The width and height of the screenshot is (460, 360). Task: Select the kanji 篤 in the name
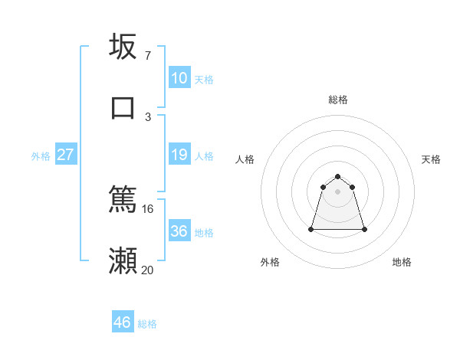(123, 199)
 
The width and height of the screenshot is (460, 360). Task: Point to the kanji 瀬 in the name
(123, 260)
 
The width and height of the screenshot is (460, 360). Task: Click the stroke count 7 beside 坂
(147, 55)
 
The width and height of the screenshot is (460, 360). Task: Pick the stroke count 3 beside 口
(148, 116)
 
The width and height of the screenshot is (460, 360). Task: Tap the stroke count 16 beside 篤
(148, 208)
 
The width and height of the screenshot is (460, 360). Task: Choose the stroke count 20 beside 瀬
(148, 270)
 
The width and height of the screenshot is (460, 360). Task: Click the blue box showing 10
(179, 78)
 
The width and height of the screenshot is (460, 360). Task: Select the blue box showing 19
(179, 155)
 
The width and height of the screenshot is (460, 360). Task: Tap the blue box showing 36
(179, 231)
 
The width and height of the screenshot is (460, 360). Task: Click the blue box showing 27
(66, 155)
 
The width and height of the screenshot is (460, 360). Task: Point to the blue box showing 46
(123, 322)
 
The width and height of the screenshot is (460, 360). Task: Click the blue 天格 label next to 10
(204, 80)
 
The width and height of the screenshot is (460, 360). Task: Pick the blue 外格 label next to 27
(41, 156)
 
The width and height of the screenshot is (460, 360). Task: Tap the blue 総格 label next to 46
(147, 324)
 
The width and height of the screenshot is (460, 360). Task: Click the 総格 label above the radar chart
(338, 100)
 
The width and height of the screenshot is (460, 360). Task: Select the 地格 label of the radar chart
(402, 262)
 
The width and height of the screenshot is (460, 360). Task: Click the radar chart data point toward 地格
(364, 229)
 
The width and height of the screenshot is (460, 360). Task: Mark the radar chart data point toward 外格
(312, 228)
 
